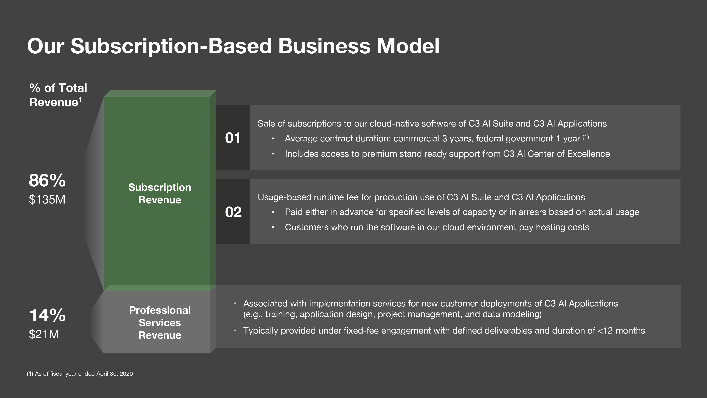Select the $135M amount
click(47, 199)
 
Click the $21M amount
click(44, 334)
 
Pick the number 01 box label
click(233, 138)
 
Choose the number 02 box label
click(233, 212)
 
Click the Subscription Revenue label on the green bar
click(160, 194)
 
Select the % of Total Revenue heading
click(58, 95)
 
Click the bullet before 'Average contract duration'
click(273, 139)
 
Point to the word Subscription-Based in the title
click(171, 46)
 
